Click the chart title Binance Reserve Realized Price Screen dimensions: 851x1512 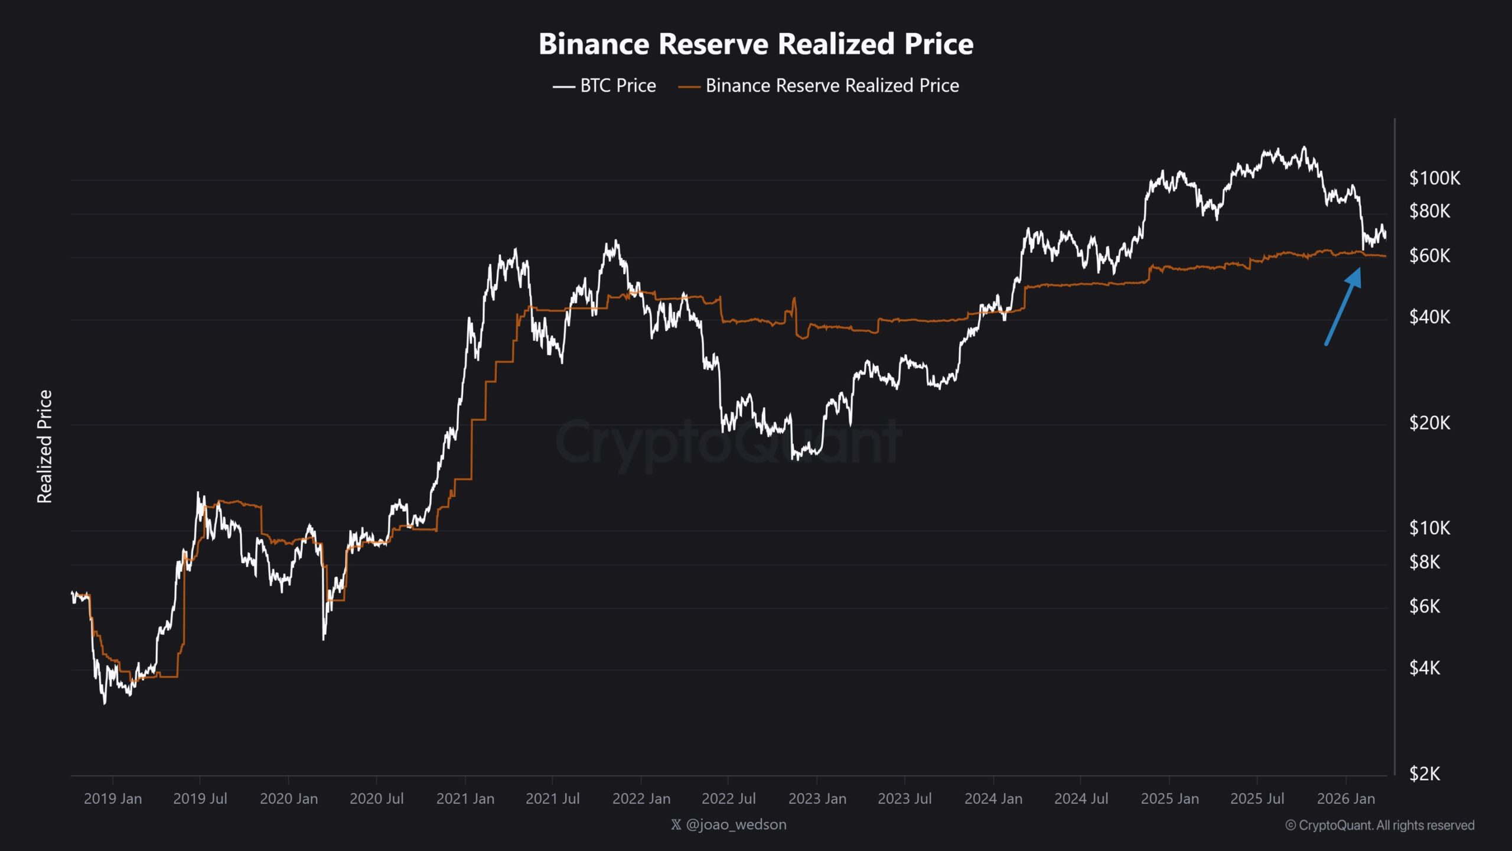(x=756, y=44)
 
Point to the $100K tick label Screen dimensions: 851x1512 (x=1434, y=178)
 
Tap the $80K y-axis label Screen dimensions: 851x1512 (x=1429, y=211)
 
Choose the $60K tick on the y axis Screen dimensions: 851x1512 (x=1429, y=256)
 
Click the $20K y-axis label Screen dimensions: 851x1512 (x=1429, y=423)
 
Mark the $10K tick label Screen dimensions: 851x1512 (x=1429, y=528)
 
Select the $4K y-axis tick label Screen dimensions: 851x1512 (x=1425, y=668)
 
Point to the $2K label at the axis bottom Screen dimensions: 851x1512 (x=1425, y=774)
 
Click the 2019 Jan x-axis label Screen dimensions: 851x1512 (x=113, y=799)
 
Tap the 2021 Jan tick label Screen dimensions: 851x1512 (x=465, y=799)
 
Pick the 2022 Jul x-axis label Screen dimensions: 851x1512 (x=728, y=799)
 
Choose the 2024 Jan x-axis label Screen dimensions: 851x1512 (x=993, y=799)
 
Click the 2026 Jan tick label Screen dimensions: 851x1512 (x=1346, y=799)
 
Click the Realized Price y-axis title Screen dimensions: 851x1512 (x=45, y=447)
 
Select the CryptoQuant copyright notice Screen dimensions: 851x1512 (x=1380, y=826)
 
